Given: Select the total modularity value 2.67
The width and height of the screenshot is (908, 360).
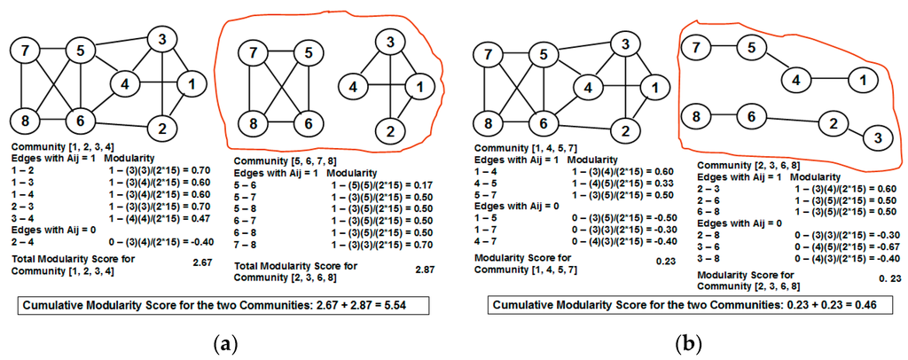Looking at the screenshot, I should (203, 263).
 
